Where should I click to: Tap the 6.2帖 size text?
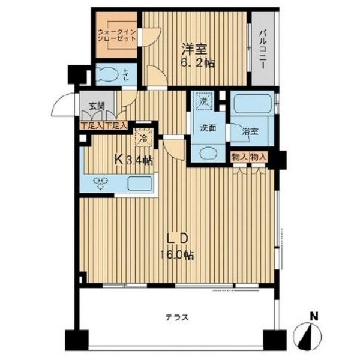point(197,63)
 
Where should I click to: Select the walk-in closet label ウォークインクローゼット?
point(116,35)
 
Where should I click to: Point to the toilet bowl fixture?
point(107,74)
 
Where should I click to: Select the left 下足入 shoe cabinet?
point(92,125)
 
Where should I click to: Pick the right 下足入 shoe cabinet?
point(116,125)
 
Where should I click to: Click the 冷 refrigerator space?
point(144,138)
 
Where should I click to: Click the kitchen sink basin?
point(140,184)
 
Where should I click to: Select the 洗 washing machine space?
point(203,100)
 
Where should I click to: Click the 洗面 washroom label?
point(208,128)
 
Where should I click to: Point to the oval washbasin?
point(208,154)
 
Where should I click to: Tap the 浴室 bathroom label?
point(250,131)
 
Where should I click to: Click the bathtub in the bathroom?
point(253,104)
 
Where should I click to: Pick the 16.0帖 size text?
point(177,255)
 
